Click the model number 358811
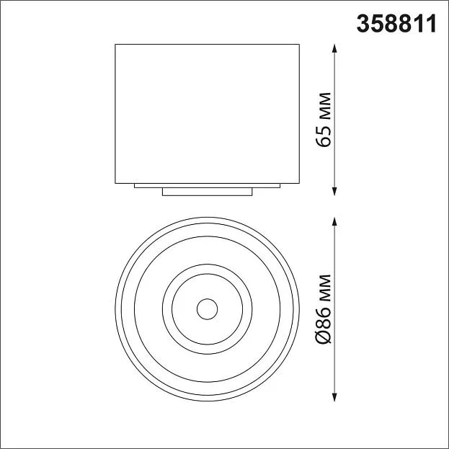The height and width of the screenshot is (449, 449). tap(396, 24)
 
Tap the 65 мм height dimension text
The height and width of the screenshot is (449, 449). tap(324, 120)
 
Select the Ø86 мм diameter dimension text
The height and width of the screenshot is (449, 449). tap(324, 309)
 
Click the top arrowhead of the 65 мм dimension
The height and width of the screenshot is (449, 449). tap(334, 48)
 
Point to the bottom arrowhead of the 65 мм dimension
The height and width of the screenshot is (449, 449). tap(334, 191)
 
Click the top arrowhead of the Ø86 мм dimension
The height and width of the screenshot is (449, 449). tap(334, 222)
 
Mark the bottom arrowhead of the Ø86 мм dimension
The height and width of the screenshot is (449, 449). tap(334, 396)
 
